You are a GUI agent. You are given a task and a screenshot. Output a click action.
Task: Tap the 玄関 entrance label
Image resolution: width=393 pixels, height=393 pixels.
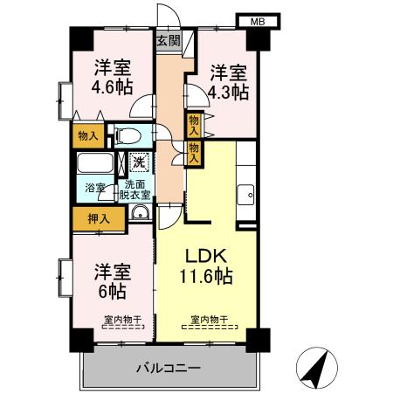coord(169,40)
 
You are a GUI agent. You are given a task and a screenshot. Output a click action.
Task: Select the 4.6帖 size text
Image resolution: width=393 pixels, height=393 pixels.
coord(113,87)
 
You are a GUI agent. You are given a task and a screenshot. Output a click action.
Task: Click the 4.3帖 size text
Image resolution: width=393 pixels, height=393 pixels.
coord(227,90)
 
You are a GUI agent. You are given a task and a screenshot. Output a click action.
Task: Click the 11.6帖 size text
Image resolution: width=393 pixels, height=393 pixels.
coord(206,278)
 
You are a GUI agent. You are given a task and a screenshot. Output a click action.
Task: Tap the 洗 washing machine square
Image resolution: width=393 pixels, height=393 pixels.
coord(139,162)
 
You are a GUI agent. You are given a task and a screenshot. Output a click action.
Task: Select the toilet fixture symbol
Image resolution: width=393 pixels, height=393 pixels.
coord(128,135)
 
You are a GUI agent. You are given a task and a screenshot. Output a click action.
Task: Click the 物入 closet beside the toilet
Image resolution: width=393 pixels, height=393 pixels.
coord(87,135)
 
